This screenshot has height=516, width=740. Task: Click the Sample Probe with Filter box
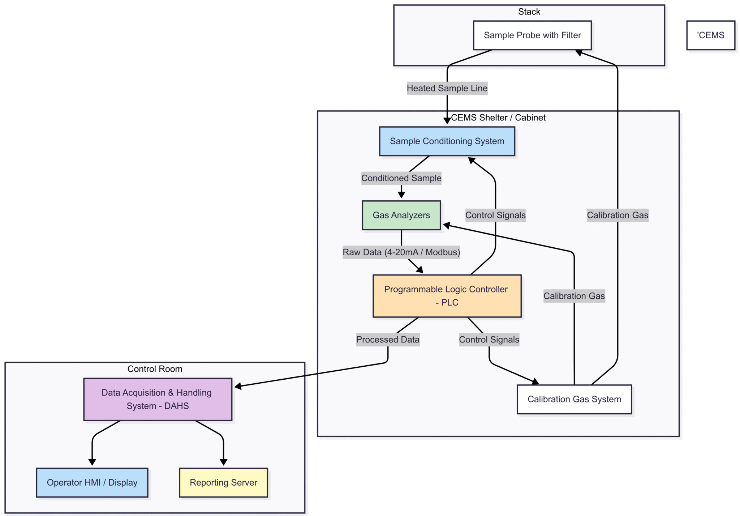[x=532, y=35]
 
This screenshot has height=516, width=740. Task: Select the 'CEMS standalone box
[x=710, y=35]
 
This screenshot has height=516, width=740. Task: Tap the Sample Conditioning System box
[x=447, y=141]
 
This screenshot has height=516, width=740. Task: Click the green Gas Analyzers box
[x=401, y=215]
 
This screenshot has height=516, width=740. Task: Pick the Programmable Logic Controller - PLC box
[x=447, y=296]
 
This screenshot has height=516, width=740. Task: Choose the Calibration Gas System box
[x=574, y=399]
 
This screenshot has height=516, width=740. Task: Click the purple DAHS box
[x=158, y=399]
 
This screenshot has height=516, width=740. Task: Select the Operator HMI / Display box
[x=92, y=482]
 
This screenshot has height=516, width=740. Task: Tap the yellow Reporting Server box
[x=223, y=482]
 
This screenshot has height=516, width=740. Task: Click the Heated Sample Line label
[x=447, y=88]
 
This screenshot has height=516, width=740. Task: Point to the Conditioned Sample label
[x=401, y=178]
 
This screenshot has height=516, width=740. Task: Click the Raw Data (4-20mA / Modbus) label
[x=401, y=252]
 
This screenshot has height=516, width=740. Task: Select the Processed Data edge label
[x=388, y=340]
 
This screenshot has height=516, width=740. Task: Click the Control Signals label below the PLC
[x=489, y=340]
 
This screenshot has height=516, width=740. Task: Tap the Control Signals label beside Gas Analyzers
[x=495, y=215]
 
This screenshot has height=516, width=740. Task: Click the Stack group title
[x=529, y=12]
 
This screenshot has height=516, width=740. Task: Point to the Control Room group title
[x=155, y=369]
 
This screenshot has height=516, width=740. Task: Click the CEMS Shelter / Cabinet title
[x=498, y=118]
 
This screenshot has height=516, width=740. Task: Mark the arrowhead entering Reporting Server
[x=223, y=462]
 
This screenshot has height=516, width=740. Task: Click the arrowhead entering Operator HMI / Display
[x=92, y=462]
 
